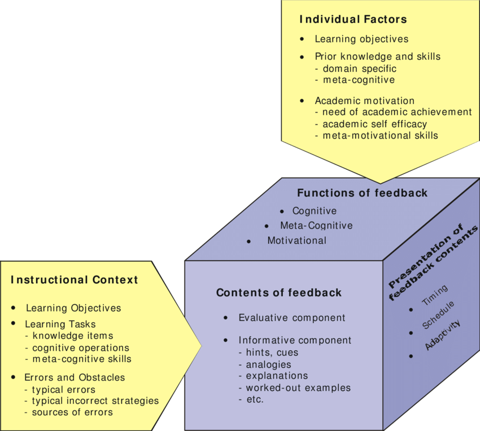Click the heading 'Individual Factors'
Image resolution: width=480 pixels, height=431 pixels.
tap(352, 20)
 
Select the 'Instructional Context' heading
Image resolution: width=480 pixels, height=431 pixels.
tap(74, 280)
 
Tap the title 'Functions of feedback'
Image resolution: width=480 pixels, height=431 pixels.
tap(362, 193)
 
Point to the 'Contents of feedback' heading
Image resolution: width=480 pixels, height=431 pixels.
tap(279, 293)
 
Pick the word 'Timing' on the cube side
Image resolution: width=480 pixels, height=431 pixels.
tap(435, 296)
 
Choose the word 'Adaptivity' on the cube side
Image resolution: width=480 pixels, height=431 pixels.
tap(443, 335)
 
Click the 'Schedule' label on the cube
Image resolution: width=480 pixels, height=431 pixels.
tap(438, 315)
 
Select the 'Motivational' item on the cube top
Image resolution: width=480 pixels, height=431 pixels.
tap(296, 240)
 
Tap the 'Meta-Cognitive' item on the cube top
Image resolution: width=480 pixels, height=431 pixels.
tap(316, 226)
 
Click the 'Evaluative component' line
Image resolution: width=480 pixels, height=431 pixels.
tap(291, 318)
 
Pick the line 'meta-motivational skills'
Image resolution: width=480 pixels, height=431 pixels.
tap(377, 136)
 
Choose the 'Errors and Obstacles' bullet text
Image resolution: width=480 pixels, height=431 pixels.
tap(75, 377)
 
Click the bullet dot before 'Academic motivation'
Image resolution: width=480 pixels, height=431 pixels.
tap(303, 101)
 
